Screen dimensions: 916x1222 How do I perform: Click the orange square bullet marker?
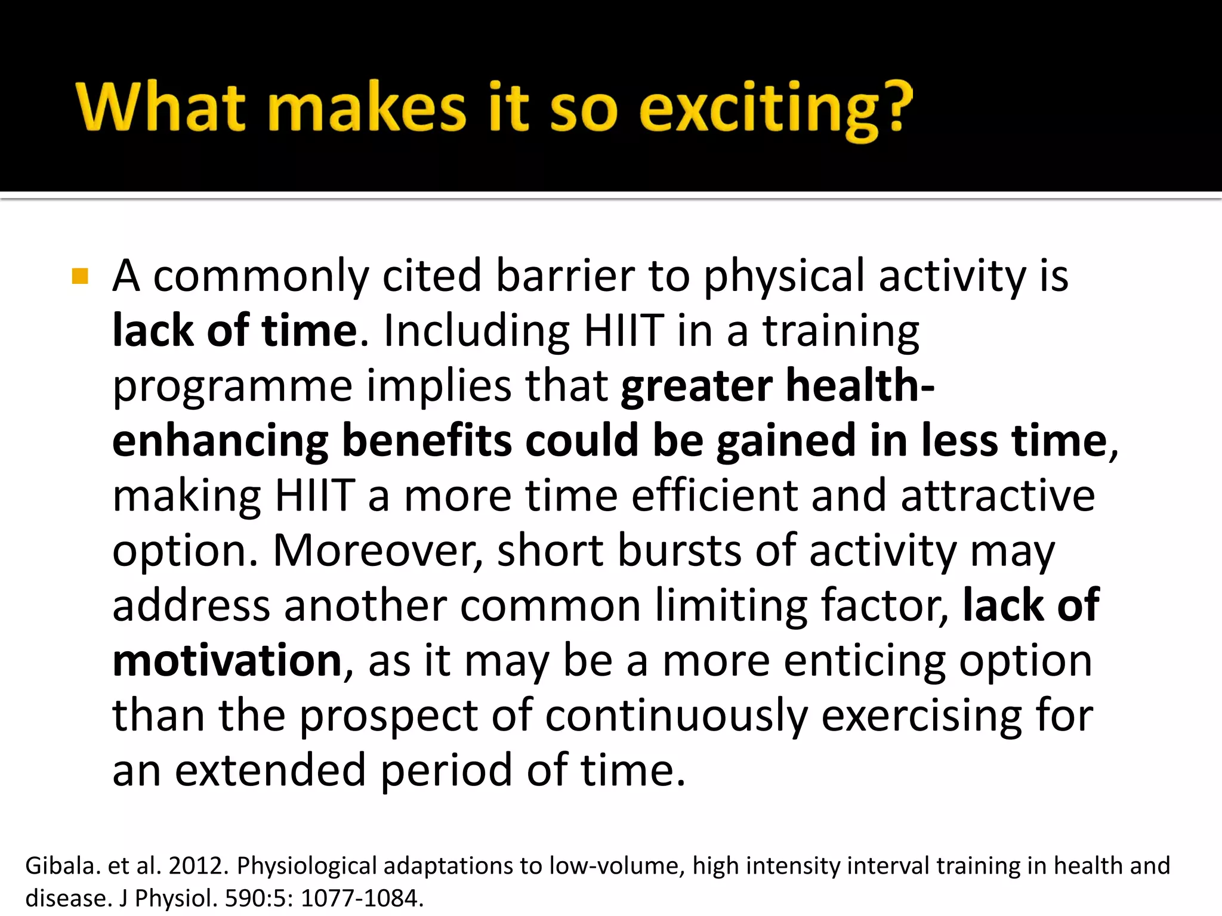point(79,277)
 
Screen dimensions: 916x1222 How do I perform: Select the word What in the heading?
point(161,107)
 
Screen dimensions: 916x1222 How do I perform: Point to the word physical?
point(784,277)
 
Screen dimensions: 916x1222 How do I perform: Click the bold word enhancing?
point(220,441)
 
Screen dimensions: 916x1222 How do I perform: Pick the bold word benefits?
point(427,441)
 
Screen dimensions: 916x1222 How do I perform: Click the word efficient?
point(714,496)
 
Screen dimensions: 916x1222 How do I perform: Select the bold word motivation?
point(227,660)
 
